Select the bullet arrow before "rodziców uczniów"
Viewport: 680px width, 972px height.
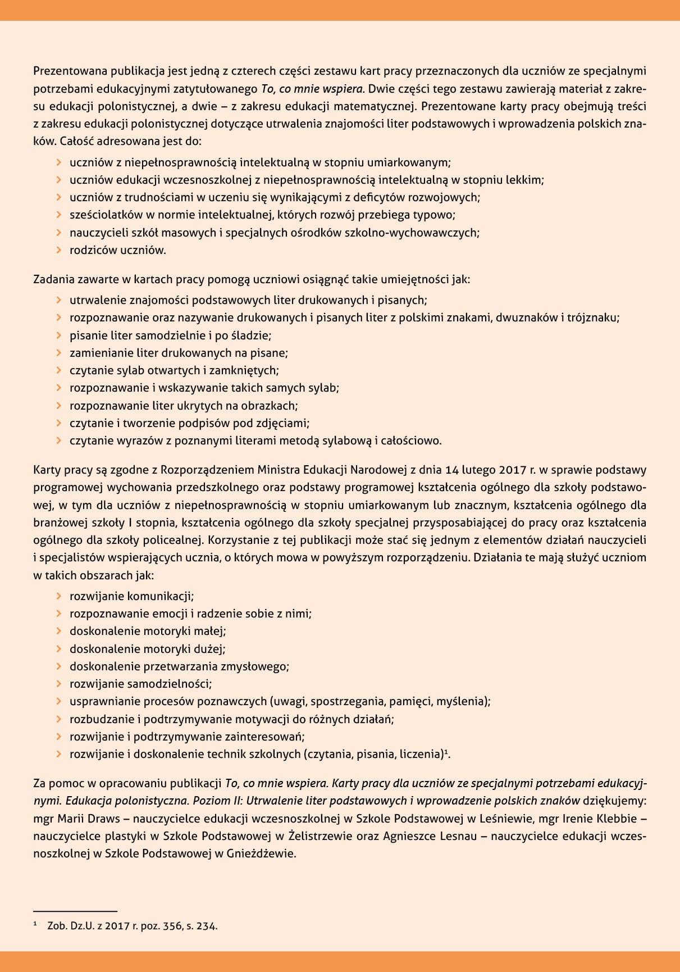(58, 250)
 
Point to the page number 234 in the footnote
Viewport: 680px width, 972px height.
(206, 926)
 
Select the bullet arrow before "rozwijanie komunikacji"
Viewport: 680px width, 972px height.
(58, 596)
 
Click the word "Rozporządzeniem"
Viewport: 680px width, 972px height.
(208, 470)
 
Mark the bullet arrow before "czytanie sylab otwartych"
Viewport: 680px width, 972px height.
(58, 370)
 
